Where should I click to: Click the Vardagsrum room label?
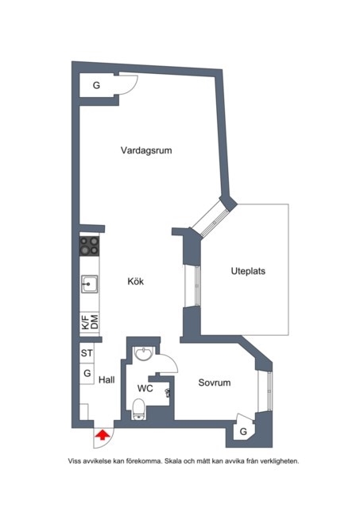point(146,150)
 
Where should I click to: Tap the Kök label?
point(136,281)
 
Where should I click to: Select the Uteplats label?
point(248,271)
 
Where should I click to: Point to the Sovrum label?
point(215,383)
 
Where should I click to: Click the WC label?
point(145,388)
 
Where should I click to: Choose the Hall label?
point(106,380)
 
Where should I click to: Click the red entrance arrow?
point(103,435)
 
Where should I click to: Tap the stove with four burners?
point(90,246)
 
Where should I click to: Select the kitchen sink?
point(90,284)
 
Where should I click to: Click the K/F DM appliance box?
point(90,322)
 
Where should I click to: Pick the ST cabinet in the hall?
point(87,353)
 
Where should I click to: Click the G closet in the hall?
point(87,374)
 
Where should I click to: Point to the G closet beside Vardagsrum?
point(97,85)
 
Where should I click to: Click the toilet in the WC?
point(139,410)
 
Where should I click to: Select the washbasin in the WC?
point(143,354)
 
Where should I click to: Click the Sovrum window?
point(265,391)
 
